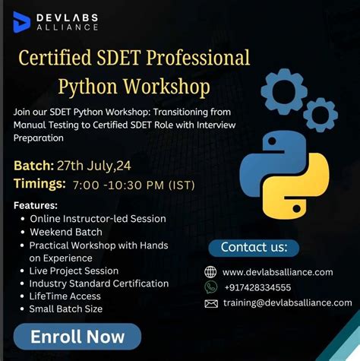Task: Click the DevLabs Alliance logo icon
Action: point(22,21)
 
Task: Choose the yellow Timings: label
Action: point(39,184)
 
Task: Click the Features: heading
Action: point(36,205)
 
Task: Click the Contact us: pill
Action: point(254,247)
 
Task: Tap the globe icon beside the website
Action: point(211,272)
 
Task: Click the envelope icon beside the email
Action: point(211,303)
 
